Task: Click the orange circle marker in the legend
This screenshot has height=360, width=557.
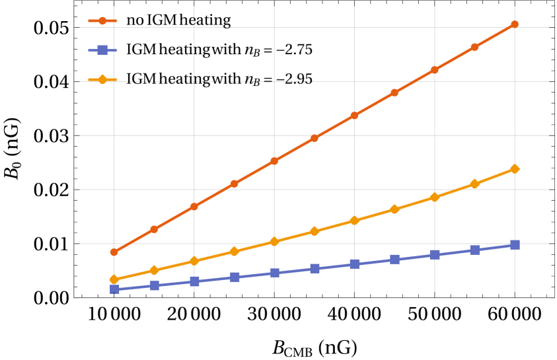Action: click(102, 21)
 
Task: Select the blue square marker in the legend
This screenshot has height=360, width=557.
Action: click(102, 50)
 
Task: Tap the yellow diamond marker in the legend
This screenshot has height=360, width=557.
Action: click(102, 80)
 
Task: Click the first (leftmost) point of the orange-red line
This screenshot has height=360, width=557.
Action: click(114, 252)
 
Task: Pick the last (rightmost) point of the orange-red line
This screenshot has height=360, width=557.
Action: click(514, 24)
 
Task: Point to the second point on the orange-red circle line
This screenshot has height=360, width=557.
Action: click(154, 229)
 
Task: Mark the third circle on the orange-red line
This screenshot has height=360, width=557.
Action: click(194, 206)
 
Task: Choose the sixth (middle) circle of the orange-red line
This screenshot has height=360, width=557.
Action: click(315, 138)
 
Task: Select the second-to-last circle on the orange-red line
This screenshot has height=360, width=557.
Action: click(474, 47)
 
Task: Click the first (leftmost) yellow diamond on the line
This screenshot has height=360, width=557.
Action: click(114, 279)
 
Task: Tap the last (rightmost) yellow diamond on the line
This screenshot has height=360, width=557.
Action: click(514, 169)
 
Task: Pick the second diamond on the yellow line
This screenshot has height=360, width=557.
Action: click(154, 270)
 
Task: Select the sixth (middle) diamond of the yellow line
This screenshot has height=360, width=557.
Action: click(315, 231)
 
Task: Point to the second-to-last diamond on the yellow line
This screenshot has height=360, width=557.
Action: click(474, 184)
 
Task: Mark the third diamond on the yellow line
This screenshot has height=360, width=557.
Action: click(194, 261)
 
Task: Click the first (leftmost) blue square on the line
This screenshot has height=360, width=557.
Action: click(114, 289)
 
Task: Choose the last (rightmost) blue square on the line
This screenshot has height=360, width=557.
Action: click(514, 244)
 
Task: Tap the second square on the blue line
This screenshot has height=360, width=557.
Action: click(154, 285)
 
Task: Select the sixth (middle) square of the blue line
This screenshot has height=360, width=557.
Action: click(315, 268)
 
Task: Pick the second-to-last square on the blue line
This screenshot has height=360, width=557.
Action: click(474, 250)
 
